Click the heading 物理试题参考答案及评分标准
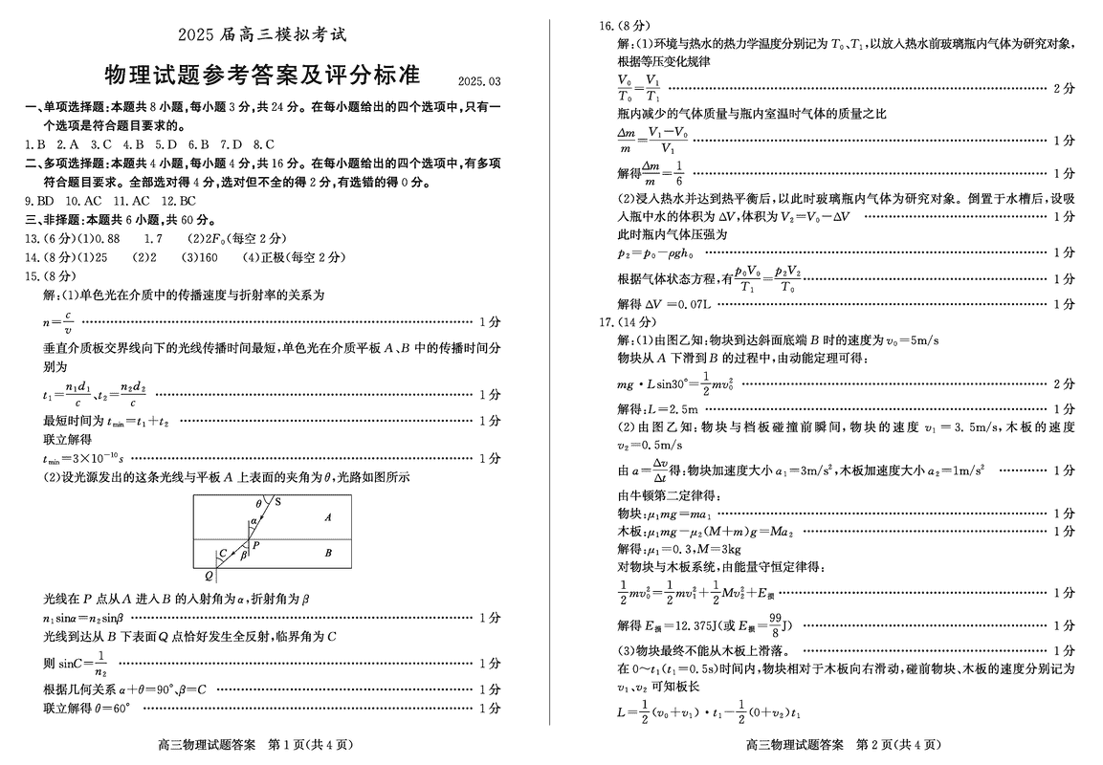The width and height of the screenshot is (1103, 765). pos(260,76)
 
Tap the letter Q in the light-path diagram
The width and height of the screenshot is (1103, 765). pos(209,576)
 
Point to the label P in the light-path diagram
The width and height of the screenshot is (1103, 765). pos(256,544)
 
